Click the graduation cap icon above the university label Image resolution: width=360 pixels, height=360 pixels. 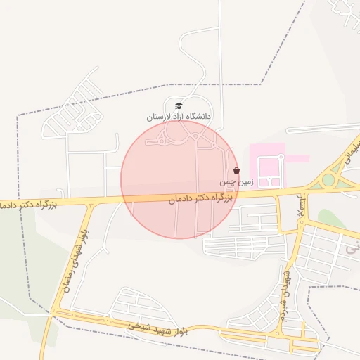(x=178, y=106)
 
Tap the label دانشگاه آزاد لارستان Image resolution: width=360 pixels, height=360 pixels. (x=179, y=117)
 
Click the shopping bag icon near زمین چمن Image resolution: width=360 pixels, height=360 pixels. (x=236, y=170)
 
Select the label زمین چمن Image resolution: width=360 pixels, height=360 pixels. (x=235, y=181)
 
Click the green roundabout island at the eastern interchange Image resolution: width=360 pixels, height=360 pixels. (x=328, y=180)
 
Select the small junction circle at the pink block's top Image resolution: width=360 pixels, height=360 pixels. (x=281, y=158)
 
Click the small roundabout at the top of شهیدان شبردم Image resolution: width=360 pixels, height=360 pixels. (x=302, y=221)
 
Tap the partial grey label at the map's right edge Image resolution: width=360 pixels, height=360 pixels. (x=351, y=248)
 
